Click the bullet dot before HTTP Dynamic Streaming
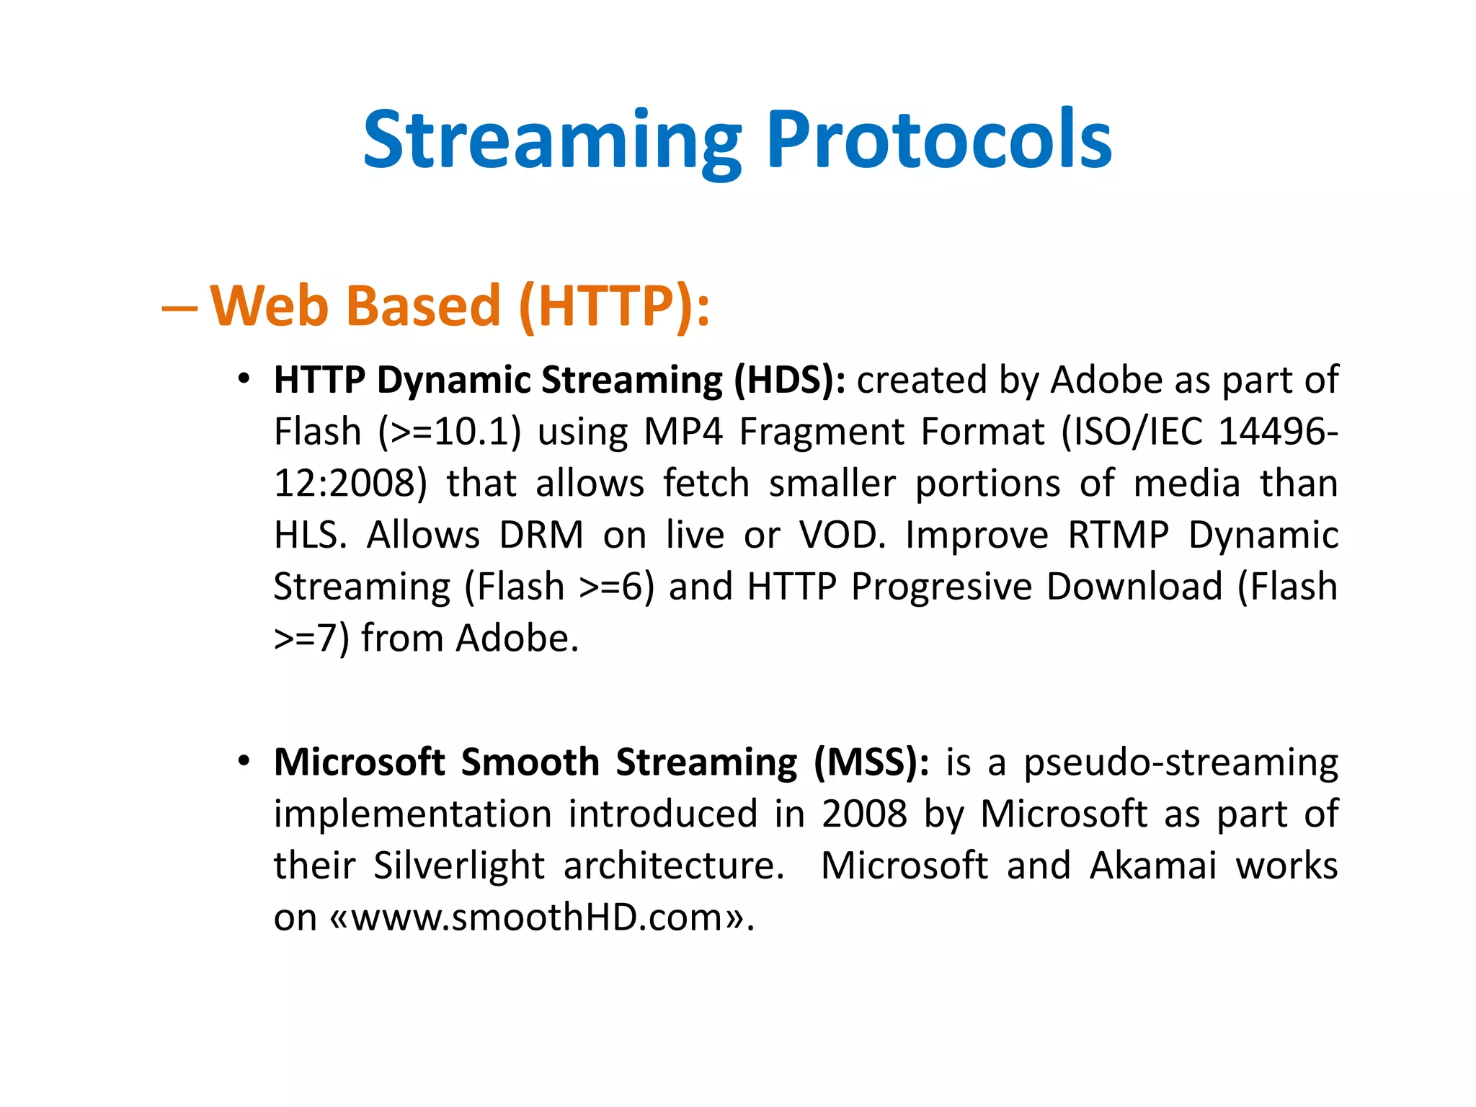(244, 378)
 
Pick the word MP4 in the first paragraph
(683, 432)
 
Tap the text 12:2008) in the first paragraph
(350, 484)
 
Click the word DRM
(541, 535)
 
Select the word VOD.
(842, 535)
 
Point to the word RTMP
(1118, 535)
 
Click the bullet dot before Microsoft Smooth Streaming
(244, 761)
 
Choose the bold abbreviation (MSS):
(871, 763)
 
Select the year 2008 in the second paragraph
(864, 814)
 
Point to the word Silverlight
(458, 866)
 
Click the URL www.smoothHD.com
(537, 918)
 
